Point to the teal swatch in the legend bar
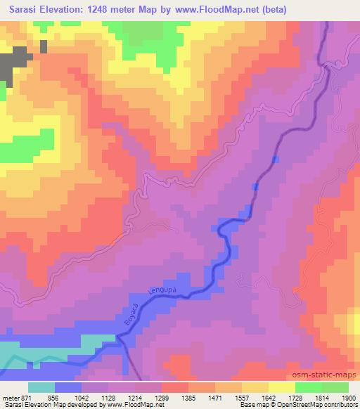pyautogui.click(x=41, y=388)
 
